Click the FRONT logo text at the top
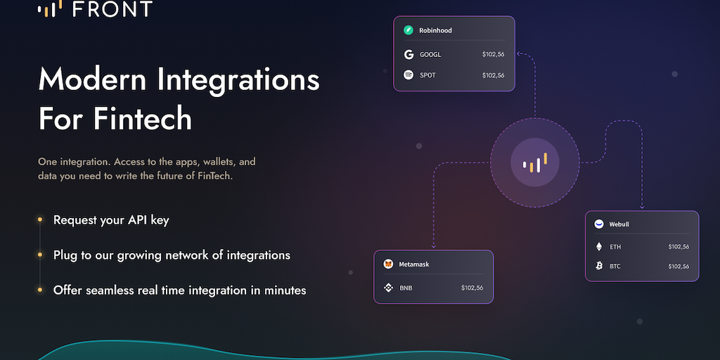112,8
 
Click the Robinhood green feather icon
409,30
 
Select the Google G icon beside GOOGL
409,55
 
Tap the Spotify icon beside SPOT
409,75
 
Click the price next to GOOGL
493,54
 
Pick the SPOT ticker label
427,75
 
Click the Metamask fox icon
388,264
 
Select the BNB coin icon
388,288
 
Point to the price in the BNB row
472,288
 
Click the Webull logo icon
599,224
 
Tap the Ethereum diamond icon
599,247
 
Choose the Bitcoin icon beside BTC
599,266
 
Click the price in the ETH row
679,247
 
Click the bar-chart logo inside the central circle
535,162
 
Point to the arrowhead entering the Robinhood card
518,53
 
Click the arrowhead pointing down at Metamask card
433,247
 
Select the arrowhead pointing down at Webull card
642,207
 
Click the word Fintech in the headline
143,118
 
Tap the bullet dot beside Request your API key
40,220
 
